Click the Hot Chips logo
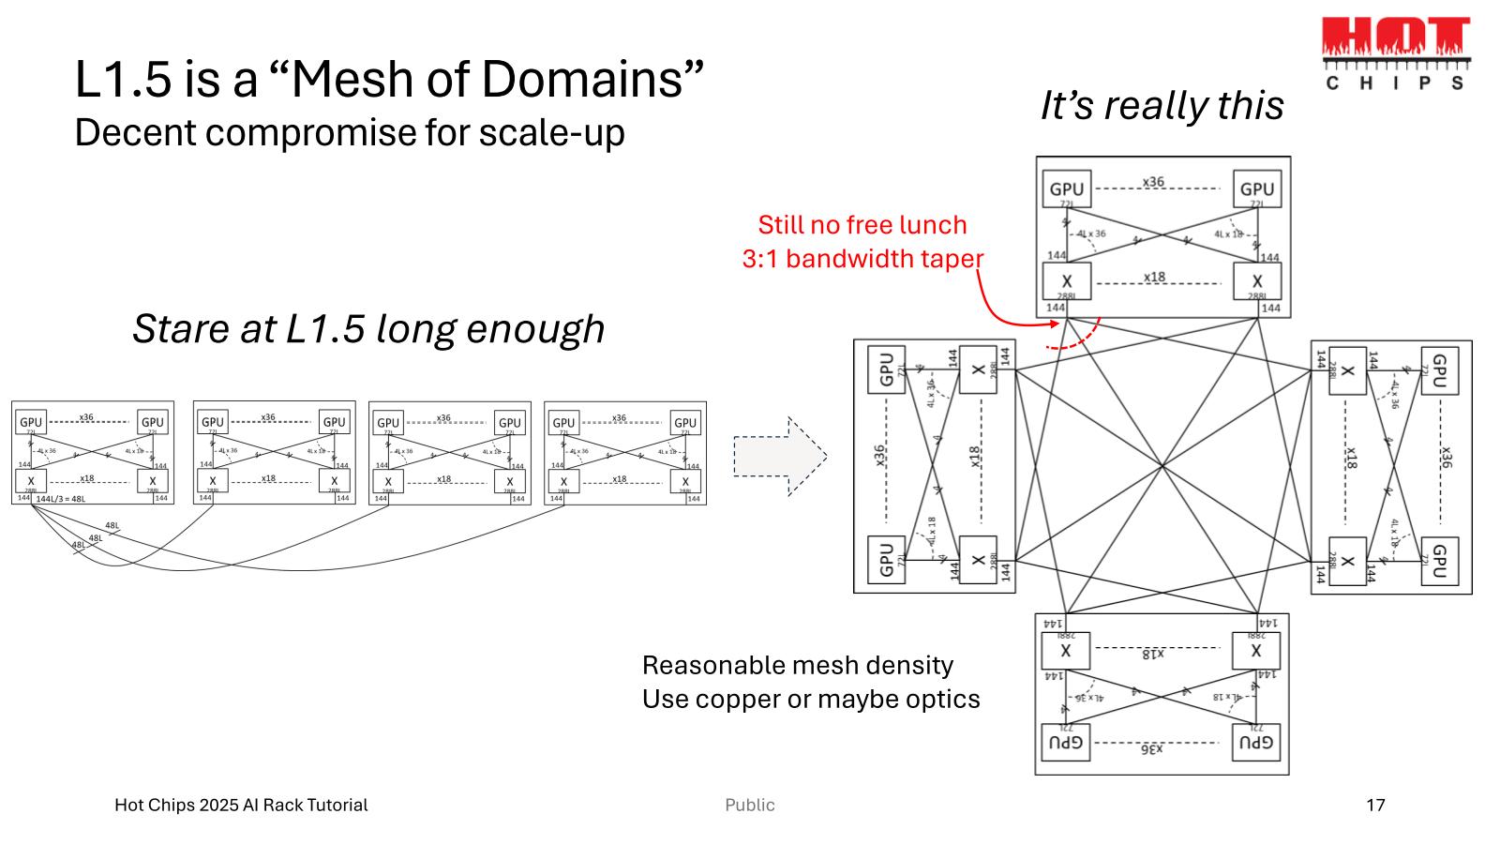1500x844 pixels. pyautogui.click(x=1395, y=53)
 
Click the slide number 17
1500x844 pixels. pyautogui.click(x=1375, y=805)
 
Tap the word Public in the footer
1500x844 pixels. pyautogui.click(x=750, y=805)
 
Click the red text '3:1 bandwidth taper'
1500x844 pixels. pyautogui.click(x=862, y=259)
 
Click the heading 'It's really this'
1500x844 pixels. pyautogui.click(x=1162, y=105)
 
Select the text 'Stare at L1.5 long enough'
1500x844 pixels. pyautogui.click(x=368, y=328)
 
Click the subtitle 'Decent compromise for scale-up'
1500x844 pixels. pyautogui.click(x=350, y=132)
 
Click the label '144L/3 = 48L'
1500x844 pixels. pyautogui.click(x=60, y=499)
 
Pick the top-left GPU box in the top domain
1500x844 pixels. pyautogui.click(x=1066, y=189)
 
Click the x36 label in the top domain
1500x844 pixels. pyautogui.click(x=1153, y=182)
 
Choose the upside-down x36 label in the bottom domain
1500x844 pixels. pyautogui.click(x=1152, y=749)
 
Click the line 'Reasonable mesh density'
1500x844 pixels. pyautogui.click(x=798, y=665)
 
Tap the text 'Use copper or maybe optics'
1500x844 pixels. pyautogui.click(x=811, y=699)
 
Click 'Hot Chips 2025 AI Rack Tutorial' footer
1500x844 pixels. pyautogui.click(x=241, y=805)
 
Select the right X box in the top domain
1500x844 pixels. pyautogui.click(x=1256, y=281)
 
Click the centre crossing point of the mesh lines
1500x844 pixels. pyautogui.click(x=1162, y=465)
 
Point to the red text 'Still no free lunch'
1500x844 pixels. pyautogui.click(x=862, y=225)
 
